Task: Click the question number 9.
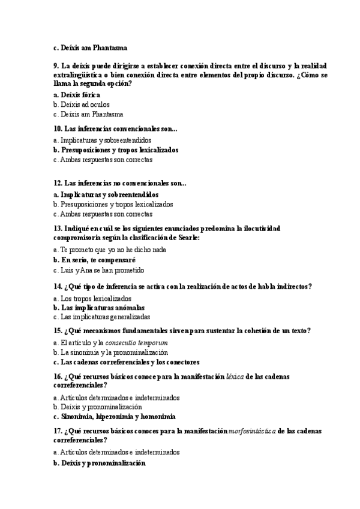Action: pos(56,65)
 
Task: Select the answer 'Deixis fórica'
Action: pos(80,95)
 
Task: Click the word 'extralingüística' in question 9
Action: pos(78,75)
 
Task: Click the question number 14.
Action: pos(58,287)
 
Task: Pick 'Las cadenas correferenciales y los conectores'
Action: pos(130,362)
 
